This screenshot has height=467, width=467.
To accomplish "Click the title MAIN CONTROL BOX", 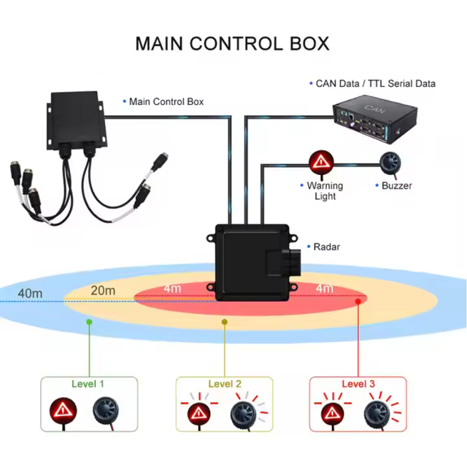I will pyautogui.click(x=232, y=43).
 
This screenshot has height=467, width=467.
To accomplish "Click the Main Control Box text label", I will pyautogui.click(x=166, y=101).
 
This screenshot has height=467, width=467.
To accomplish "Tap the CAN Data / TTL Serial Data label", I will pyautogui.click(x=375, y=83).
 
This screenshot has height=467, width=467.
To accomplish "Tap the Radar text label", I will pyautogui.click(x=327, y=247).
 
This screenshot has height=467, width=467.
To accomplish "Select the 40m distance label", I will pyautogui.click(x=29, y=293).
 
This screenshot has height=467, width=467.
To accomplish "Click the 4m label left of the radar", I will pyautogui.click(x=172, y=289).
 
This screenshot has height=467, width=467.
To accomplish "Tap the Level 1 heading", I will pyautogui.click(x=88, y=383).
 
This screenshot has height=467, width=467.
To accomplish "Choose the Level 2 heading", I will pyautogui.click(x=225, y=384).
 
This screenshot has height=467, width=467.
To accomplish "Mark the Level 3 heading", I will pyautogui.click(x=358, y=384).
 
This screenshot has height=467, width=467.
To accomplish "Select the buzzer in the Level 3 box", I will pyautogui.click(x=378, y=414).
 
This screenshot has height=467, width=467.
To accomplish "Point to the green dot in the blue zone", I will pyautogui.click(x=89, y=320).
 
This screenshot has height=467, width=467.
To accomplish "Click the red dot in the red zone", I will pyautogui.click(x=358, y=300).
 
